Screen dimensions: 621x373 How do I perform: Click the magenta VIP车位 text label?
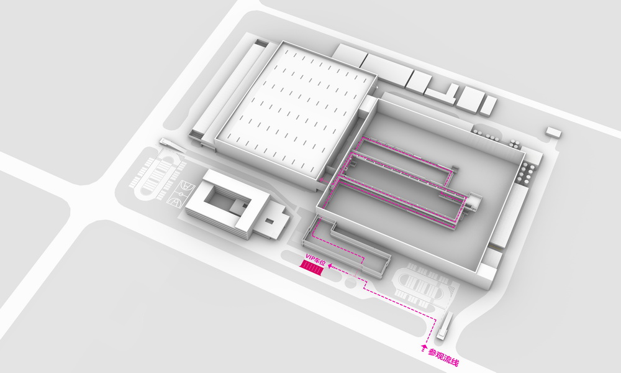[x=315, y=259]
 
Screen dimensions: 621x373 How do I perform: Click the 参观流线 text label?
[x=443, y=357]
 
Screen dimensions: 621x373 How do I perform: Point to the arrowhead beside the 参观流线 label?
[x=424, y=348]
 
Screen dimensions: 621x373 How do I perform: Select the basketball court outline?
[x=181, y=193]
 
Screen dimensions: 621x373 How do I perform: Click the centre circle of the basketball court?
[x=181, y=193]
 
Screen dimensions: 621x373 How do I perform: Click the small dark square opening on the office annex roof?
[x=270, y=221]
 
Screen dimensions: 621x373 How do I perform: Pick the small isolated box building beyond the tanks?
[x=553, y=132]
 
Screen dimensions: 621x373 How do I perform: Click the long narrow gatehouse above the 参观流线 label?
[x=445, y=325]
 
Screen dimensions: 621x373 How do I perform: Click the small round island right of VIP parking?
[x=351, y=283]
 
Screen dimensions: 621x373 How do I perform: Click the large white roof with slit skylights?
[x=296, y=111]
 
